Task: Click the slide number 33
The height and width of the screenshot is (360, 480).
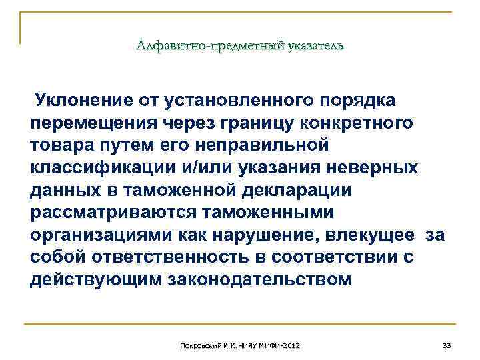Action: (447, 345)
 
